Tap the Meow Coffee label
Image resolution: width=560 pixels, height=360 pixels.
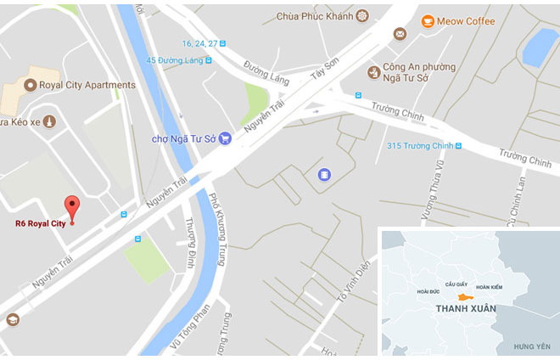point(468,21)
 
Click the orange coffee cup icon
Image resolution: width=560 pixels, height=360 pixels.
point(428,20)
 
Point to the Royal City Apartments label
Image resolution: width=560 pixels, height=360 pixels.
point(87,85)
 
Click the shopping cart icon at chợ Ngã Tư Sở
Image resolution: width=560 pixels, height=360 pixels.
point(225,138)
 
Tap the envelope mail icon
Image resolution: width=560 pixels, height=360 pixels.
point(400,34)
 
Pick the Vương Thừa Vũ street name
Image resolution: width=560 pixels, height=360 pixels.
point(441,184)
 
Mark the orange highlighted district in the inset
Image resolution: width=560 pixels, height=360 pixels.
point(463,296)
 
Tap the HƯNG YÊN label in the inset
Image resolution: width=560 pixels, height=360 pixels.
point(531,346)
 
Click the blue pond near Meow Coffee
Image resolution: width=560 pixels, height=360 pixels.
point(540,47)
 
